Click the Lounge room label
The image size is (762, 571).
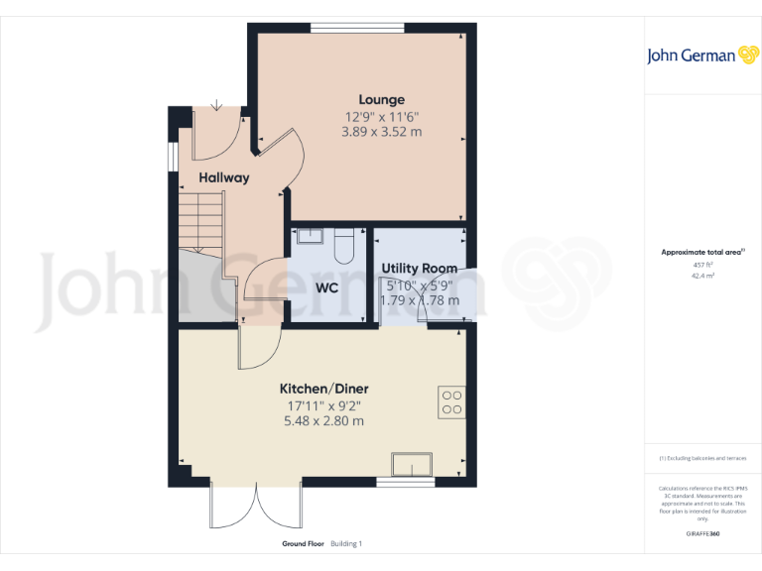(382, 99)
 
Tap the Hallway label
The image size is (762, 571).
(223, 177)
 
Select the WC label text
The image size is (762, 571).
(327, 288)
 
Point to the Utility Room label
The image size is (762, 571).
(420, 268)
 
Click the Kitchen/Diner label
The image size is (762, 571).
(323, 389)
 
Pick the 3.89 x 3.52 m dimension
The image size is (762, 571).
(382, 131)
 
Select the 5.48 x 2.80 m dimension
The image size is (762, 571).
(323, 420)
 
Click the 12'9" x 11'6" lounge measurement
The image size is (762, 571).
(382, 115)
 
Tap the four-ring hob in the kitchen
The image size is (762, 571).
(451, 400)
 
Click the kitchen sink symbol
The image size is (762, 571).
(412, 464)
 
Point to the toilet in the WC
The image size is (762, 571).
(344, 244)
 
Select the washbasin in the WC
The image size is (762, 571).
(309, 235)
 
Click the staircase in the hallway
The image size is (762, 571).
(201, 222)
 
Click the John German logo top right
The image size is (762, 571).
(701, 55)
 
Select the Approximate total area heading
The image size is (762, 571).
(701, 253)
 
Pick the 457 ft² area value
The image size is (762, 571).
(701, 265)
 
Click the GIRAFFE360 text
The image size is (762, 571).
(701, 533)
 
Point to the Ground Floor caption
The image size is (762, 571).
(302, 543)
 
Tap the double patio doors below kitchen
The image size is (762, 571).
(255, 506)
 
